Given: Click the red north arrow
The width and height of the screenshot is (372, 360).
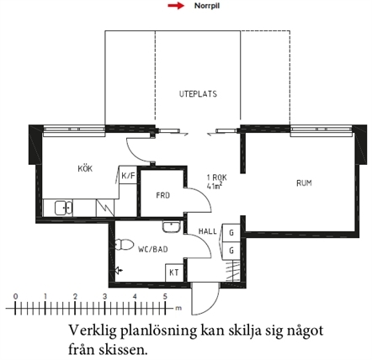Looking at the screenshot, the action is click(176, 6).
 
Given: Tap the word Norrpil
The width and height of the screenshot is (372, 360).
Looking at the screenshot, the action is click(207, 6).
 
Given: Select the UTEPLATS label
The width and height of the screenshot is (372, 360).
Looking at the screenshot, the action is click(198, 93).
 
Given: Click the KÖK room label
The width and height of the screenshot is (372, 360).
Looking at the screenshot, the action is click(85, 169).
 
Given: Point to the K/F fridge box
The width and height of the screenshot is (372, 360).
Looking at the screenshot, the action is click(128, 176).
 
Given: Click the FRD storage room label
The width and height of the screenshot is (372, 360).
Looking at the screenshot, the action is click(163, 195).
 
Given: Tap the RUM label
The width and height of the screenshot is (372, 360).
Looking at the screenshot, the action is click(304, 183).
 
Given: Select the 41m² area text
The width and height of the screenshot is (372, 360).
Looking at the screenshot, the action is click(214, 186).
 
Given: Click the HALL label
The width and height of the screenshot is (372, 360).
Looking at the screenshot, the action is click(208, 231).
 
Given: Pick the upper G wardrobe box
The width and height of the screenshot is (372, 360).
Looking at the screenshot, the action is click(231, 232).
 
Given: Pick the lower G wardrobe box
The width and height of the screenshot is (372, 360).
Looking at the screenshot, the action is click(231, 250).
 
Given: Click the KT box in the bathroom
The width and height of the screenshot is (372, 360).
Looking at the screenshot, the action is click(174, 273).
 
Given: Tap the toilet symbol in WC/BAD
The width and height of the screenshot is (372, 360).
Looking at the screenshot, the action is click(124, 245).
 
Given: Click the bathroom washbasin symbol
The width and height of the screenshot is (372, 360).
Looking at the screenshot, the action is click(171, 226).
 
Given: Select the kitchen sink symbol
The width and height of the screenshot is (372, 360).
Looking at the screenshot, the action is click(64, 208).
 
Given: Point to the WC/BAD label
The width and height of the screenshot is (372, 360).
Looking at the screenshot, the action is click(153, 249).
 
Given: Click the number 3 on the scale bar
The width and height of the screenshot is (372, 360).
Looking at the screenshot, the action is click(105, 297).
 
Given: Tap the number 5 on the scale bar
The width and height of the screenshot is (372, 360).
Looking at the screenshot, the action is click(165, 297).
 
